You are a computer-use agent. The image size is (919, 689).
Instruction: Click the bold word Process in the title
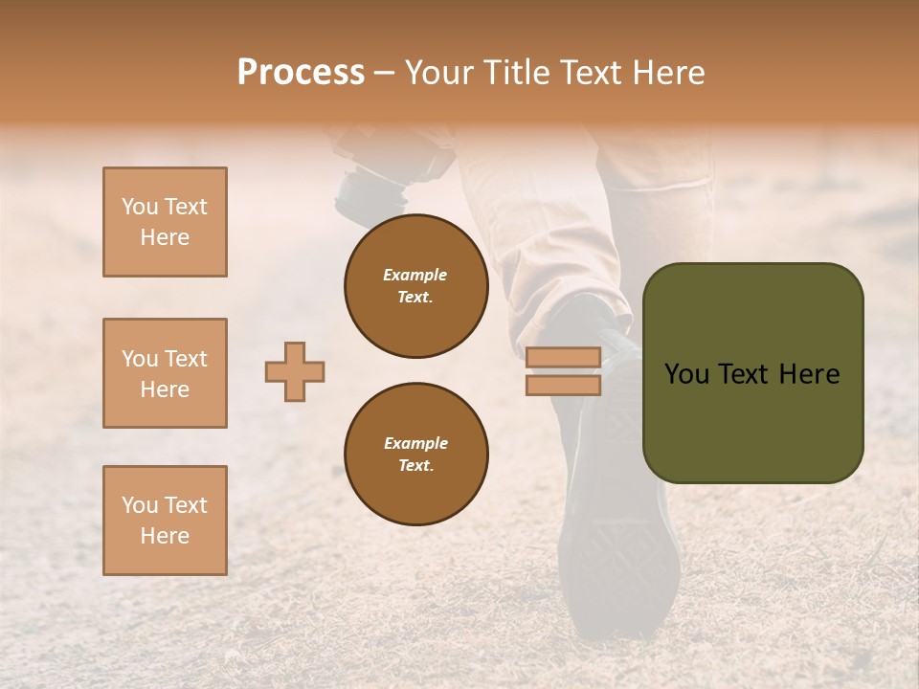[301, 73]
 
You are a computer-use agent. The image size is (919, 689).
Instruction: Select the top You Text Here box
[165, 222]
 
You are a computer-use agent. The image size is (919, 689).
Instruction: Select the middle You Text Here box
[165, 373]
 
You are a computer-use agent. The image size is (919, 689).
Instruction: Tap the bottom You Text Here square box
[165, 521]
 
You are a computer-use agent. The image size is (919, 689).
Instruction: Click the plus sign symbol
[295, 371]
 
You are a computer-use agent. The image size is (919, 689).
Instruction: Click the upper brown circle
[416, 286]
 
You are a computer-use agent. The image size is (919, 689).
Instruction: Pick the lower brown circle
[416, 455]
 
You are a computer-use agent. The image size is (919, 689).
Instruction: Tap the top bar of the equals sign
[563, 358]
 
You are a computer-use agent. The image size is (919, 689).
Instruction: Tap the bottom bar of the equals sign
[563, 385]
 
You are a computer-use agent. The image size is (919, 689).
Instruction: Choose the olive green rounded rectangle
[752, 421]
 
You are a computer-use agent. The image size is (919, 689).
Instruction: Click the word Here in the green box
[809, 374]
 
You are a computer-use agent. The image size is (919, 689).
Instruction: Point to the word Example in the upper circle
[415, 275]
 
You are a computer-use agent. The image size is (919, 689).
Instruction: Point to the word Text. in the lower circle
[415, 466]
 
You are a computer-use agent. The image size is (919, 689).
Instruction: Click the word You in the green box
[686, 374]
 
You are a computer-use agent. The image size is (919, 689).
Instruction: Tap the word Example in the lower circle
[415, 443]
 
